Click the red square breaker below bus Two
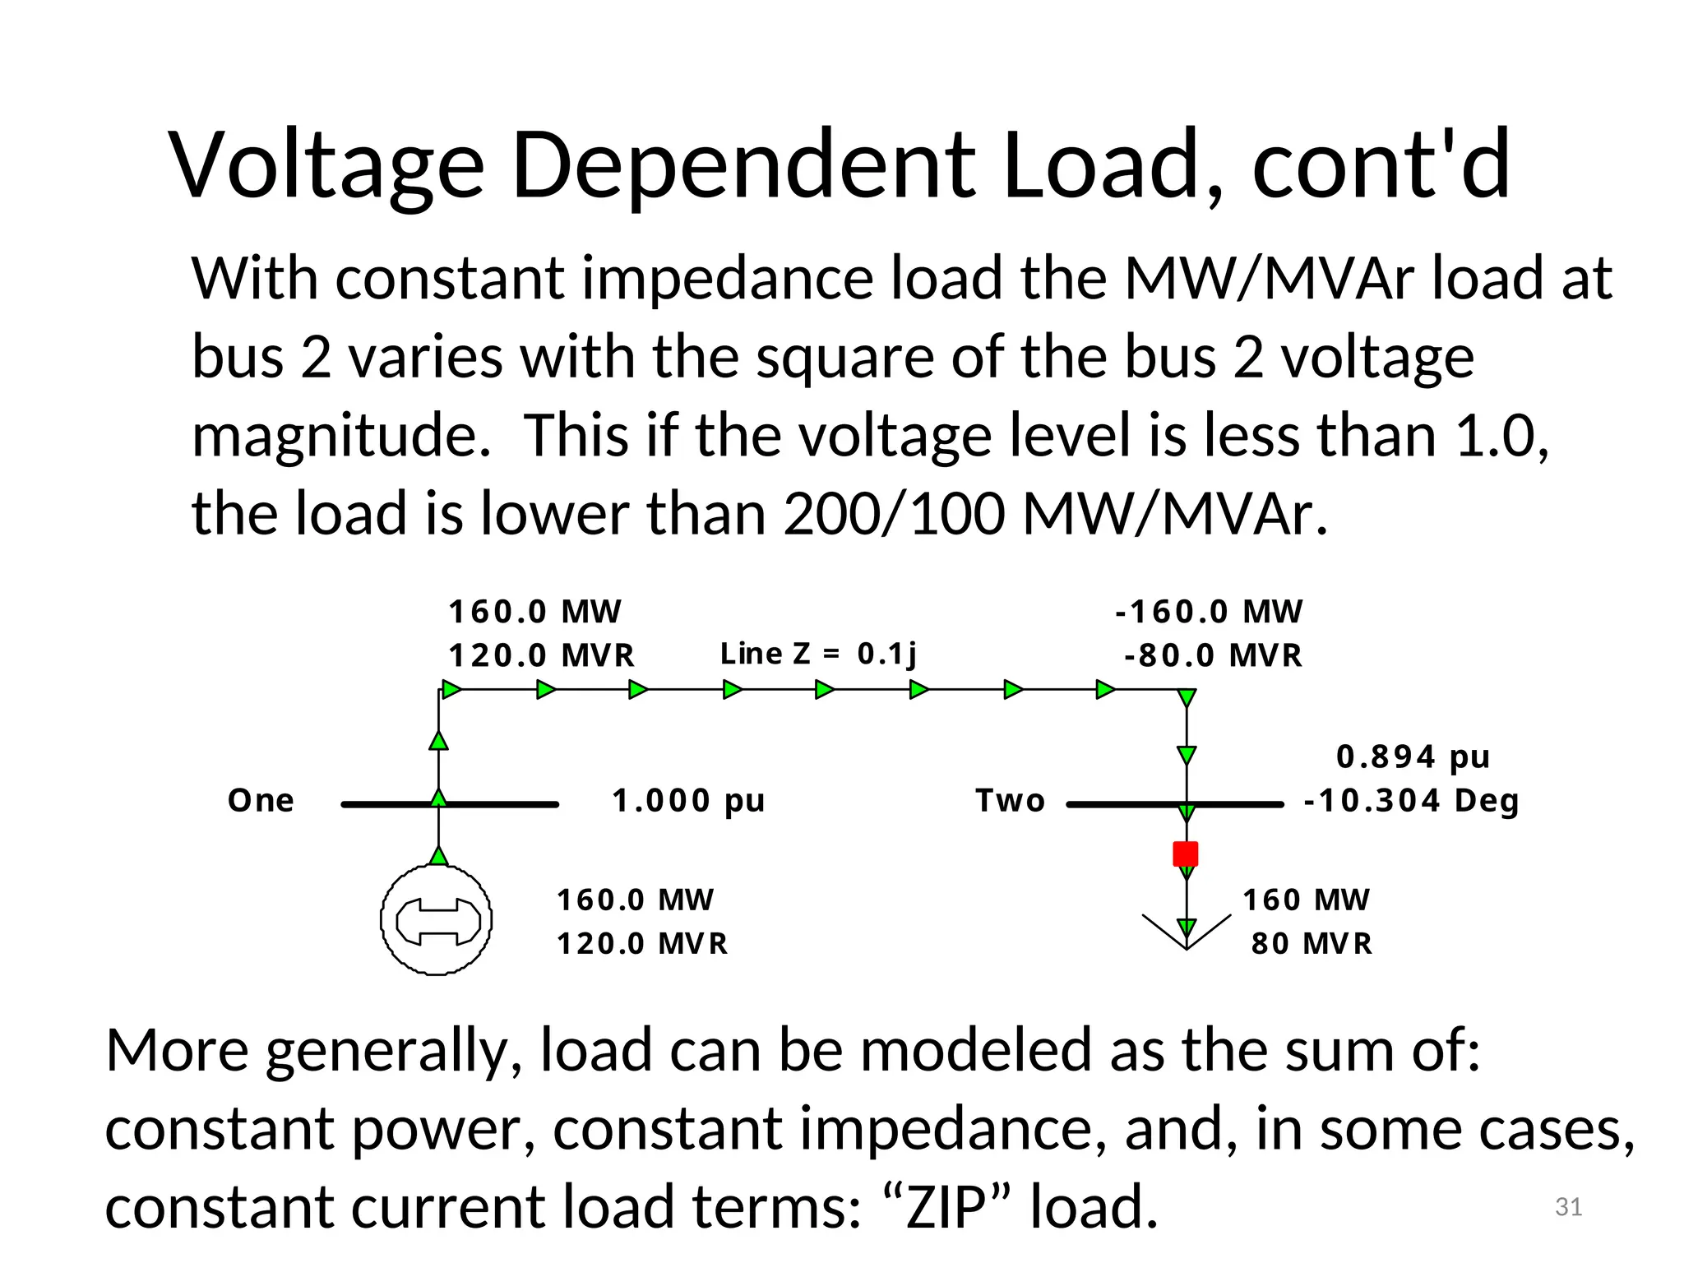(1185, 854)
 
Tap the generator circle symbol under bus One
(437, 920)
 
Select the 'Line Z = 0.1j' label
(817, 654)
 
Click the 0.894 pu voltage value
(1413, 756)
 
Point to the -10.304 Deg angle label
(1411, 800)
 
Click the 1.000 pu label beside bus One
(688, 800)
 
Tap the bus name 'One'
(261, 800)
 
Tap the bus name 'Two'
(1010, 800)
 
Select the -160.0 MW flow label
(1209, 612)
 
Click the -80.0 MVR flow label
(1213, 655)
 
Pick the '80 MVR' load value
(1312, 943)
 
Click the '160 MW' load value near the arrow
(1306, 900)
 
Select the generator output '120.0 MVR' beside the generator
(642, 943)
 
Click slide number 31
(1568, 1206)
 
